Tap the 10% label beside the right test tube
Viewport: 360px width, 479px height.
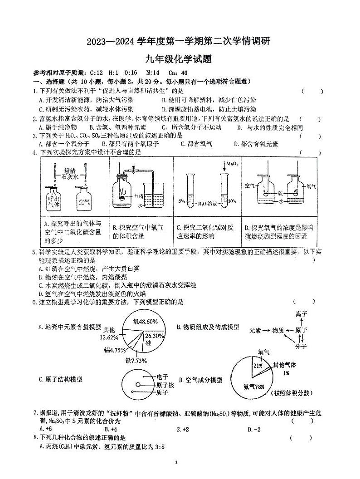click(232, 200)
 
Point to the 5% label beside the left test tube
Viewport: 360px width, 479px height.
click(181, 200)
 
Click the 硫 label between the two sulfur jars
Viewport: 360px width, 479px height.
click(280, 193)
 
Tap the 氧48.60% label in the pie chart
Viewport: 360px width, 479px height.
click(145, 322)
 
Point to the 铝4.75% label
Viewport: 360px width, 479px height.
click(114, 350)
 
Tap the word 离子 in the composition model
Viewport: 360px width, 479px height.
click(302, 314)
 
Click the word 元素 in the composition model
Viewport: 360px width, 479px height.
click(257, 331)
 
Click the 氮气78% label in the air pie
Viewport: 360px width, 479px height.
click(253, 386)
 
